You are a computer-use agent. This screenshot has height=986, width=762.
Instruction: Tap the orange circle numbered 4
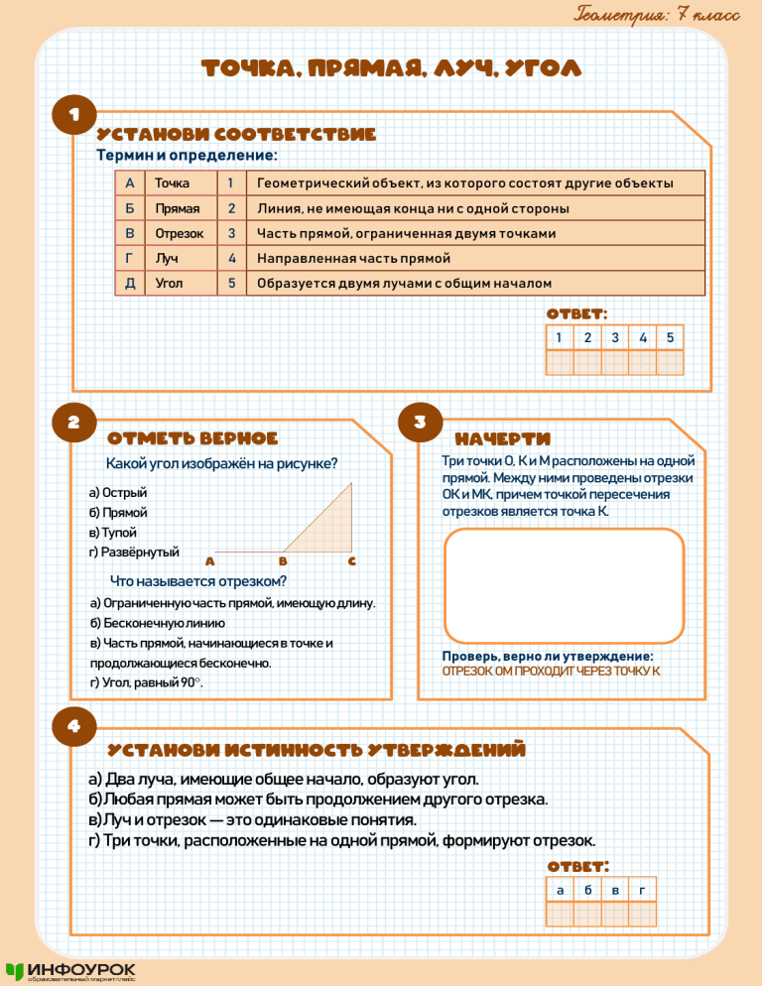(x=74, y=726)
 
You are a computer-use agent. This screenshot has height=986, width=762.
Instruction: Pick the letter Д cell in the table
(x=129, y=284)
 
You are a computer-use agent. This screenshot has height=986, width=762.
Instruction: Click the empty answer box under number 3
(x=615, y=363)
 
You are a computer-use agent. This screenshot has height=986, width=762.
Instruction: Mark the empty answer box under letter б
(x=588, y=913)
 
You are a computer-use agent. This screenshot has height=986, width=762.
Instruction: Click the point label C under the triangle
(x=352, y=562)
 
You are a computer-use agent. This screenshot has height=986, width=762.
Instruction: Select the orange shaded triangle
(x=329, y=526)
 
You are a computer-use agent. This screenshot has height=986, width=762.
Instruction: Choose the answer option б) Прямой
(x=118, y=513)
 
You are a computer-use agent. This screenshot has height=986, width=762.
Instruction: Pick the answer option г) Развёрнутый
(x=134, y=552)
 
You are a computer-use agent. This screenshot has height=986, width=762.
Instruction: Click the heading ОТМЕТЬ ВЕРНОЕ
(x=192, y=438)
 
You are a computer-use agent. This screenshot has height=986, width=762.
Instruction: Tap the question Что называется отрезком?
(x=199, y=581)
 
